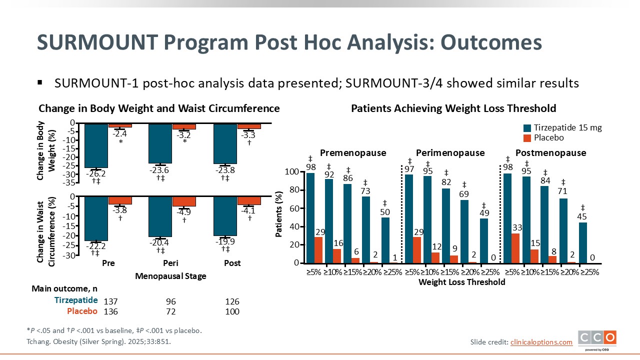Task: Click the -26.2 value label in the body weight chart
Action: pyautogui.click(x=96, y=174)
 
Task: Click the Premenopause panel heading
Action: pyautogui.click(x=353, y=153)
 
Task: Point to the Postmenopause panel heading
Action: pyautogui.click(x=550, y=153)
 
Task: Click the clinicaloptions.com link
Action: pyautogui.click(x=541, y=342)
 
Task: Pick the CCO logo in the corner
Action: pyautogui.click(x=597, y=338)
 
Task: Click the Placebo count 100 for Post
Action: pyautogui.click(x=232, y=312)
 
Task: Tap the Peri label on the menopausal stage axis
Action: pyautogui.click(x=170, y=263)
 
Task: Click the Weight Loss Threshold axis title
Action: pyautogui.click(x=462, y=282)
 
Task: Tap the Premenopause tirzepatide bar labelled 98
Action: pyautogui.click(x=310, y=217)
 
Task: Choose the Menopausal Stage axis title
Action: pyautogui.click(x=170, y=276)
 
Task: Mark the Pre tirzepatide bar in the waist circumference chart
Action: pyautogui.click(x=96, y=218)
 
